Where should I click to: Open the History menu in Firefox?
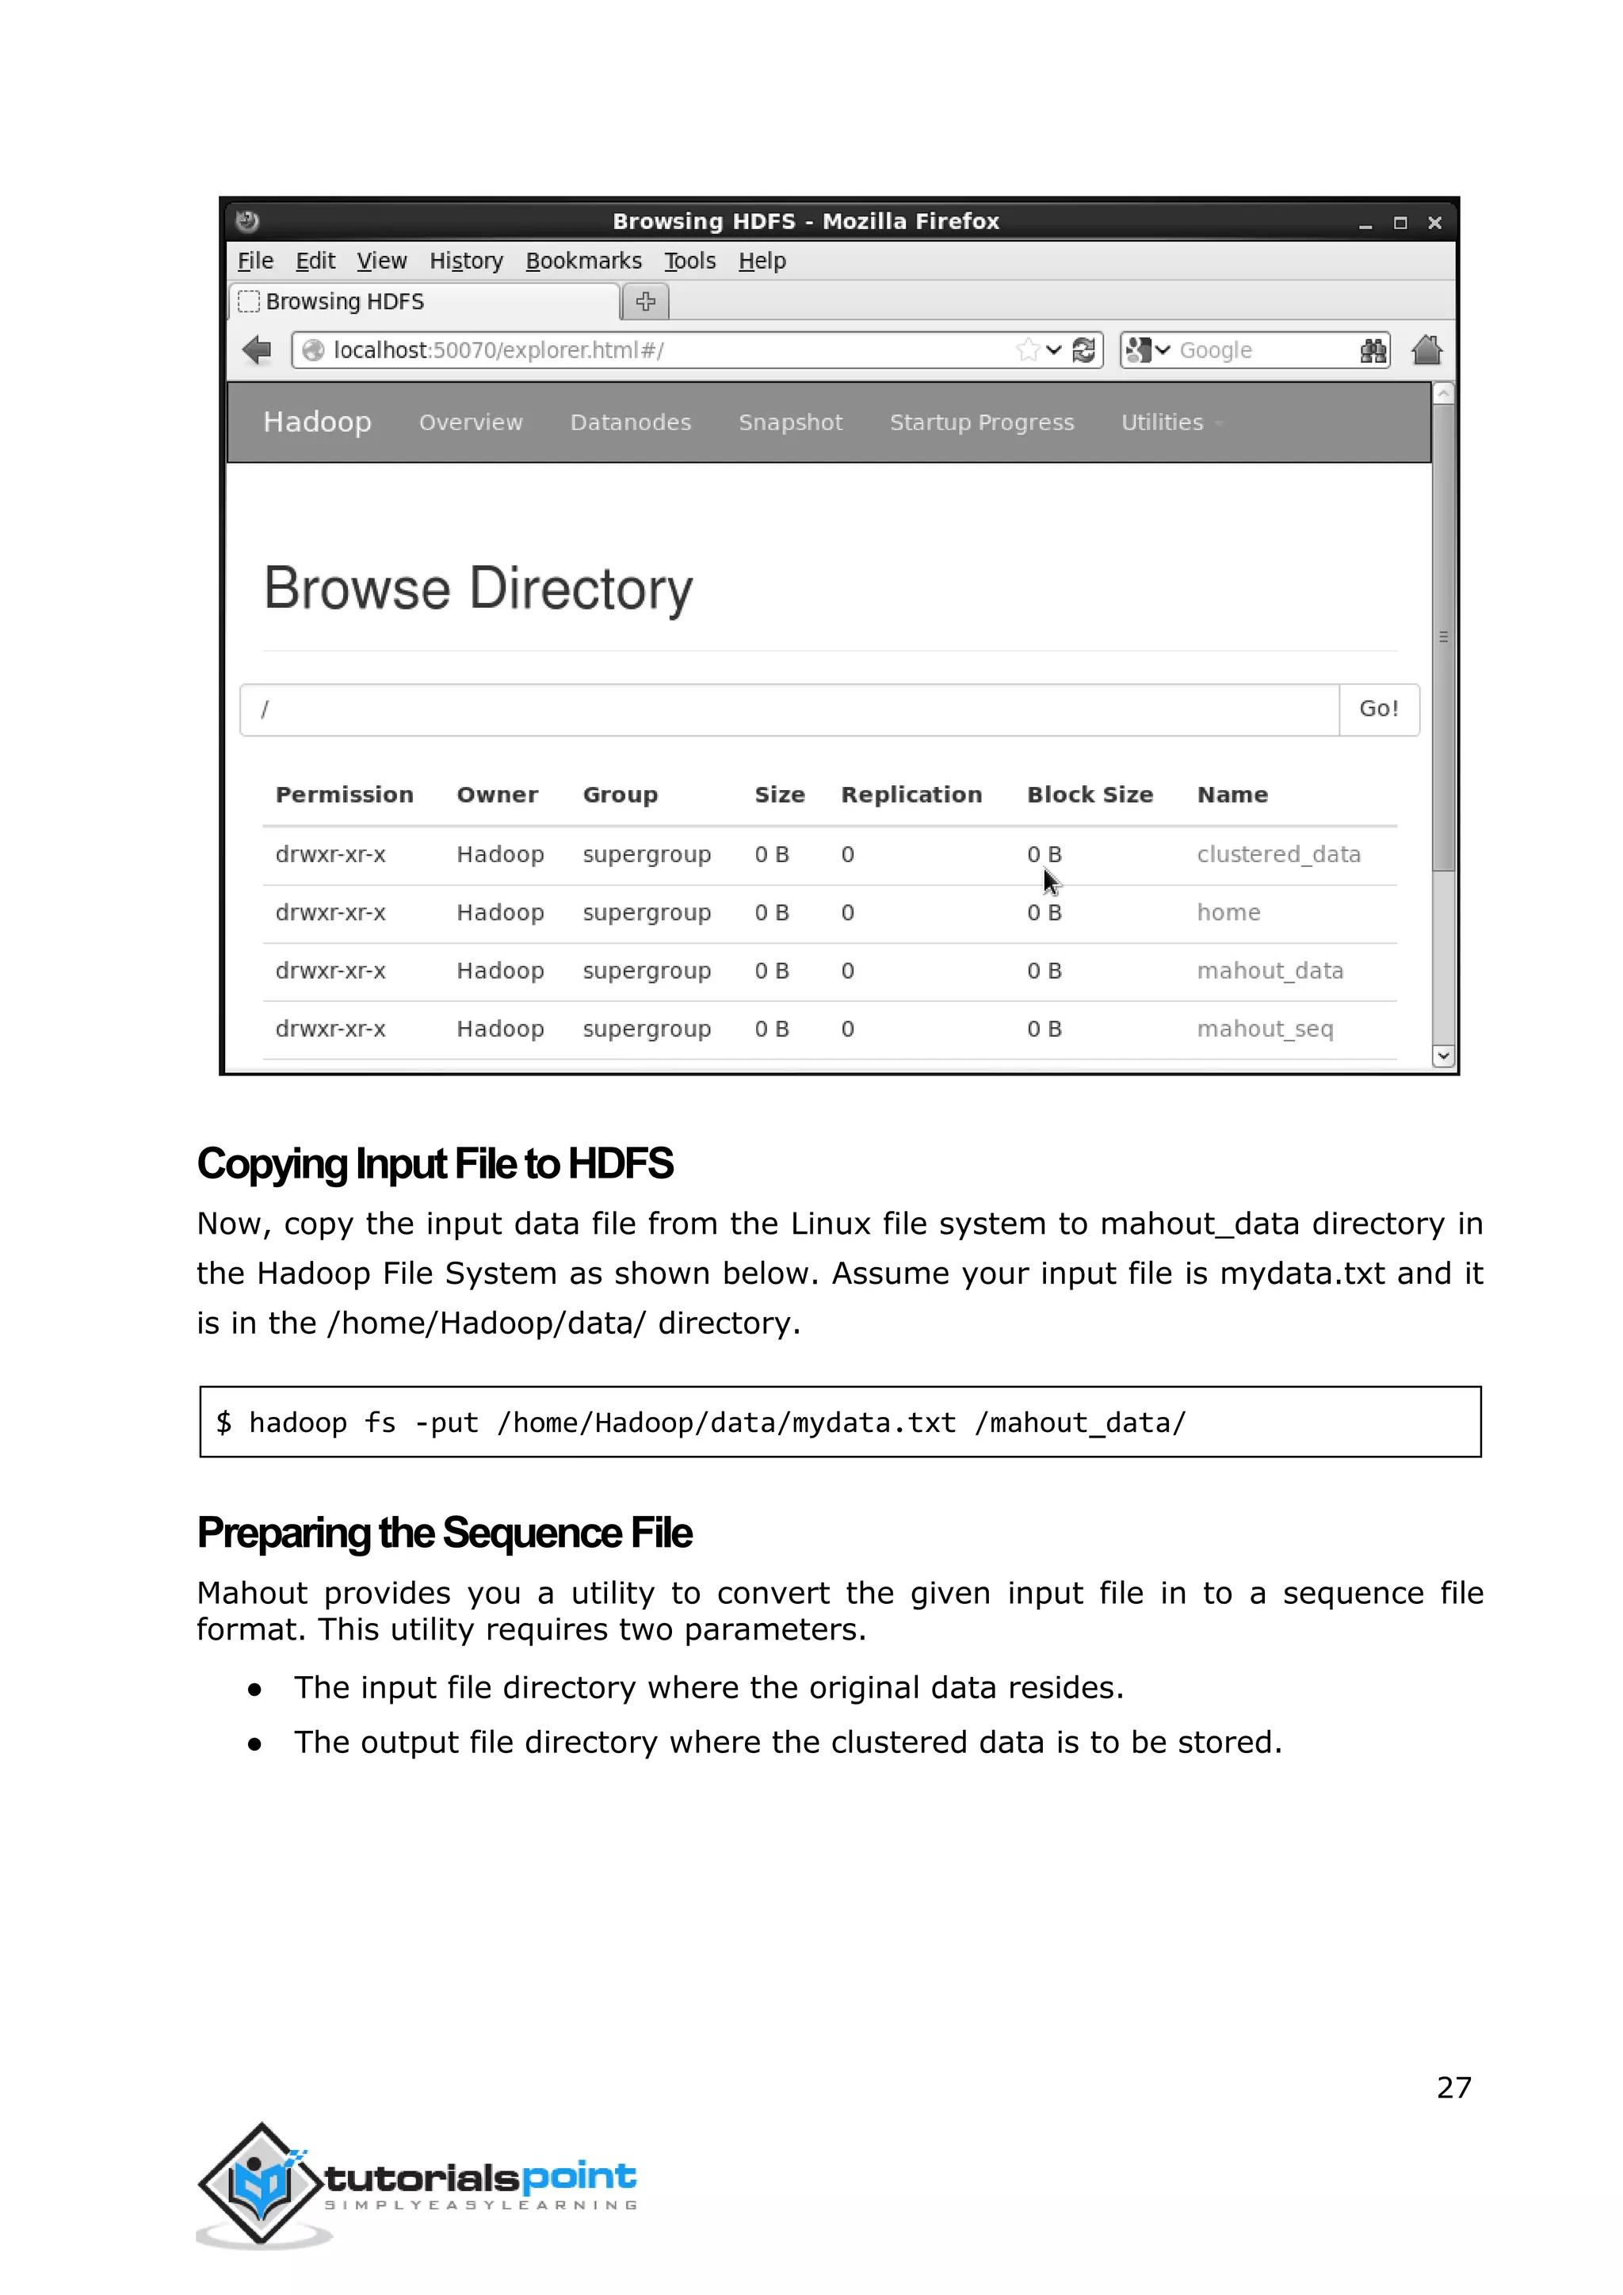tap(466, 261)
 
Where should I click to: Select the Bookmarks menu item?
tap(583, 261)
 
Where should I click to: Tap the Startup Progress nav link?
tap(981, 423)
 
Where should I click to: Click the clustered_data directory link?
tap(1278, 854)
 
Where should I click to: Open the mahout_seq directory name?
tap(1264, 1029)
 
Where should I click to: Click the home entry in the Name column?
tap(1228, 913)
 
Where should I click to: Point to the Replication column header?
tap(911, 795)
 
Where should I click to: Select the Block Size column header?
tap(1090, 795)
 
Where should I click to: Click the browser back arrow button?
tap(257, 349)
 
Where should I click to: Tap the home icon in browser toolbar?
tap(1426, 349)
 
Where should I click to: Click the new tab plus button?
tap(646, 301)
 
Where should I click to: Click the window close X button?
tap(1434, 222)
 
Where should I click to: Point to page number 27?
tap(1453, 2087)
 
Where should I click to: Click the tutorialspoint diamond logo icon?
tap(262, 2183)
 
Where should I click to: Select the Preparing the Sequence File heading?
tap(444, 1533)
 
